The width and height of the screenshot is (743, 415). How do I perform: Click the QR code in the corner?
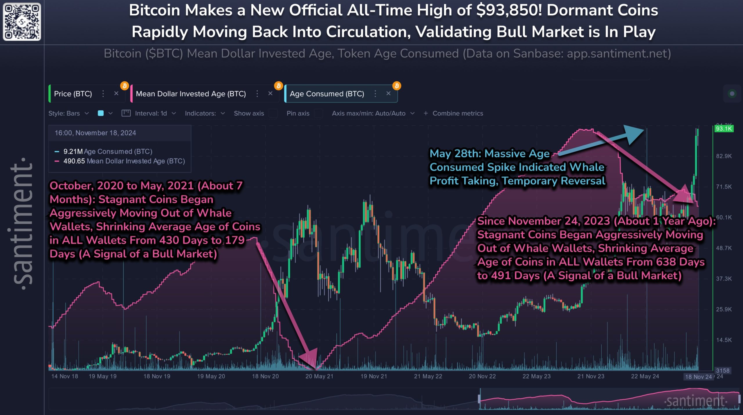(22, 21)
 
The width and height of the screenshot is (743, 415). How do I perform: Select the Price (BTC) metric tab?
(73, 94)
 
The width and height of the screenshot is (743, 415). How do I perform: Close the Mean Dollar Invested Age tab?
(270, 93)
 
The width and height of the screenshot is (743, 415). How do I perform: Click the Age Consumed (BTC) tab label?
(327, 94)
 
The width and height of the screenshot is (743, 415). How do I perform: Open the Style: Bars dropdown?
(68, 113)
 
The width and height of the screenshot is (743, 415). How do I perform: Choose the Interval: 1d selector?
(151, 113)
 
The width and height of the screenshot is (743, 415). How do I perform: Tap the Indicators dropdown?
(205, 113)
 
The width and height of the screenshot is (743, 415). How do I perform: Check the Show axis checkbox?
(273, 113)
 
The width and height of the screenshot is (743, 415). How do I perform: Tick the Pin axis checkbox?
(318, 113)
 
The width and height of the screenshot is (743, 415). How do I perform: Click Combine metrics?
(457, 113)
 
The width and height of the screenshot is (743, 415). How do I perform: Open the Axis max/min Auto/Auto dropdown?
(373, 113)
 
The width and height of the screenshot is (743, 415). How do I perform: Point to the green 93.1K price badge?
(724, 128)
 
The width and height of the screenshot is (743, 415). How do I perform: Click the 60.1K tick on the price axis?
(724, 217)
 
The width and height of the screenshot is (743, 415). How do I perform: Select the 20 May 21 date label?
(319, 376)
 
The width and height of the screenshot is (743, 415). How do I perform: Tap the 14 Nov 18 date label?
(64, 376)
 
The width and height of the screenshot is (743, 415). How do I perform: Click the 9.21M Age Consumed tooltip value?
(73, 152)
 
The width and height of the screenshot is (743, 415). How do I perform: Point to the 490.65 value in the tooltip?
(74, 161)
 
